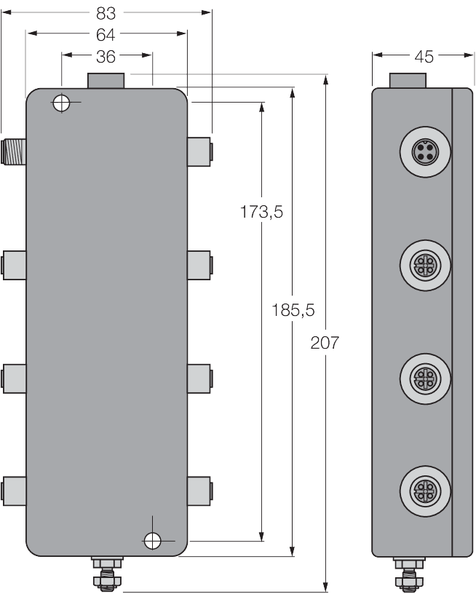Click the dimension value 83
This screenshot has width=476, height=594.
click(x=106, y=12)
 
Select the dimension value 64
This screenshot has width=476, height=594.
click(x=106, y=33)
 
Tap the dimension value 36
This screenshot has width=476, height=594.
click(x=107, y=55)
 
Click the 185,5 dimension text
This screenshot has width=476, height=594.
click(x=293, y=310)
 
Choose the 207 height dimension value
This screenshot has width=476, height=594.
click(x=325, y=342)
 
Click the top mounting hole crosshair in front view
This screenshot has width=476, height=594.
click(x=62, y=103)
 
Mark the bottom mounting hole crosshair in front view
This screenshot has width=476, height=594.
click(x=152, y=539)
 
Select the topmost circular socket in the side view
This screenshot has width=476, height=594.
click(x=423, y=152)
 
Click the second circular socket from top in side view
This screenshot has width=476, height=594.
click(x=423, y=263)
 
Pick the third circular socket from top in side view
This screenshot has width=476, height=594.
click(x=423, y=376)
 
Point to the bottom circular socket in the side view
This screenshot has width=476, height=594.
click(x=423, y=487)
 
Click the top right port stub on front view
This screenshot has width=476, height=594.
click(x=199, y=151)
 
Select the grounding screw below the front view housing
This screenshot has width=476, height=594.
click(x=106, y=572)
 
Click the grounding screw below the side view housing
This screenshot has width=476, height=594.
click(x=408, y=572)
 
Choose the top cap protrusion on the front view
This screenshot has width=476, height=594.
click(x=106, y=80)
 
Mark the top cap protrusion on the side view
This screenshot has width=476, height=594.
click(x=408, y=80)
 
